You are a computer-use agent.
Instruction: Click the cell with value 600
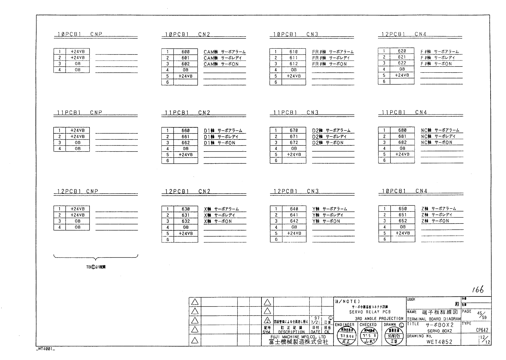185,52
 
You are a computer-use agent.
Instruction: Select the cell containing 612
294,64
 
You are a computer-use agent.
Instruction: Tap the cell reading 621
402,57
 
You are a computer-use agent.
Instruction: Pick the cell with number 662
186,142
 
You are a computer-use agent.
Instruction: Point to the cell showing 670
294,130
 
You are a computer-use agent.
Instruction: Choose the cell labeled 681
402,136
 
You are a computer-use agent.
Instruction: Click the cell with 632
186,221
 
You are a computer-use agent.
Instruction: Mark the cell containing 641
294,215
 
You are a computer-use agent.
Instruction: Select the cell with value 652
403,221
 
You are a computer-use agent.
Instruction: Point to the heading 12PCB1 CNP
78,191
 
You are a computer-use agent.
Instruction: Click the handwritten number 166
477,290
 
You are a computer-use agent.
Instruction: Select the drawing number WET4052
440,342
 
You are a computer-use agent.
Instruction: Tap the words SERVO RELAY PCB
370,312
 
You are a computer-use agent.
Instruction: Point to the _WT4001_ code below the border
45,349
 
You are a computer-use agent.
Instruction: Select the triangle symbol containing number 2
267,320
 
